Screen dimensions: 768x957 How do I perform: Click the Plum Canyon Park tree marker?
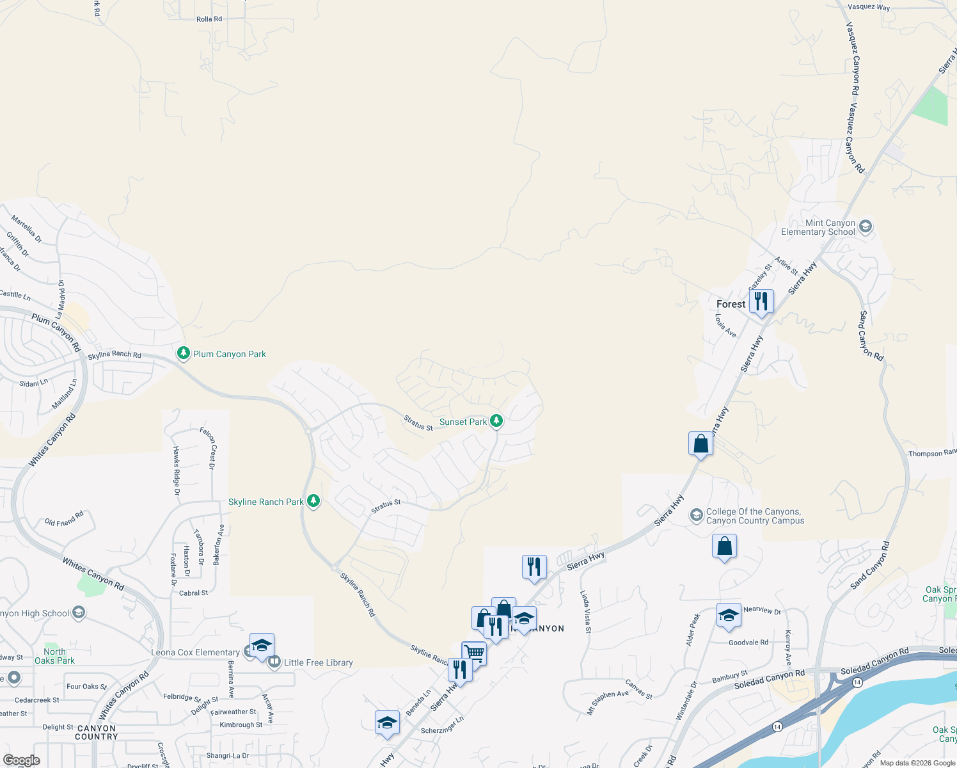(x=184, y=353)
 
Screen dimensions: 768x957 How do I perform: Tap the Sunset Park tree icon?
(x=496, y=421)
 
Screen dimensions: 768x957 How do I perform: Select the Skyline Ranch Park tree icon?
(x=313, y=501)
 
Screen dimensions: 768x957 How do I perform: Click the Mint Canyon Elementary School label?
(x=818, y=227)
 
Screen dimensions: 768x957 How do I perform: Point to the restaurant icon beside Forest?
(x=761, y=301)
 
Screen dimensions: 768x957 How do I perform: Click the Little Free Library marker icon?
(x=274, y=662)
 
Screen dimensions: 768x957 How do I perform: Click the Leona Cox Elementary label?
(x=195, y=652)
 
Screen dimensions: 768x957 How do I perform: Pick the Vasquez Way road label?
(x=868, y=7)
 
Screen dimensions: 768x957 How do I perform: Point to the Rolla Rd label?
(x=209, y=19)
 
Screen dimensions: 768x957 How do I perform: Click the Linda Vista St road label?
(x=585, y=612)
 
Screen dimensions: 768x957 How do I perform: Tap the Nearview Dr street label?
(x=762, y=610)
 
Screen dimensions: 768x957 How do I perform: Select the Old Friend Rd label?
(x=64, y=518)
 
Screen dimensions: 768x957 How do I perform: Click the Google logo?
(x=22, y=760)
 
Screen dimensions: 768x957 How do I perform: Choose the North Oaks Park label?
(x=54, y=656)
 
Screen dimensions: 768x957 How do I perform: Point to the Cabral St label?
(x=193, y=593)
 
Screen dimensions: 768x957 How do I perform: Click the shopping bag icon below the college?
(x=724, y=547)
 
